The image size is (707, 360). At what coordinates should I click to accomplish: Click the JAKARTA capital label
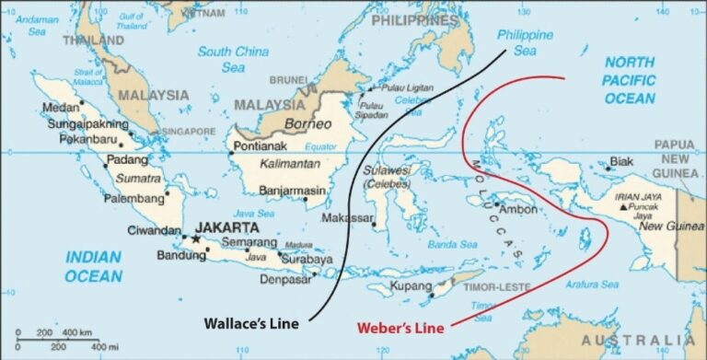pyautogui.click(x=226, y=226)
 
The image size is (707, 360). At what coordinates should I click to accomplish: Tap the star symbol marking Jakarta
pyautogui.click(x=195, y=239)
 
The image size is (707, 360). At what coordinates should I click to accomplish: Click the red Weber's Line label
pyautogui.click(x=402, y=328)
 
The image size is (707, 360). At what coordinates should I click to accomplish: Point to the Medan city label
pyautogui.click(x=62, y=108)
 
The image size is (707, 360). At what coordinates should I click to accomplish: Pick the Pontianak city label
pyautogui.click(x=262, y=146)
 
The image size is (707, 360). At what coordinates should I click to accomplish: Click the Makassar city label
pyautogui.click(x=348, y=218)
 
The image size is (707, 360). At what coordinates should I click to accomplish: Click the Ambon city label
pyautogui.click(x=517, y=209)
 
